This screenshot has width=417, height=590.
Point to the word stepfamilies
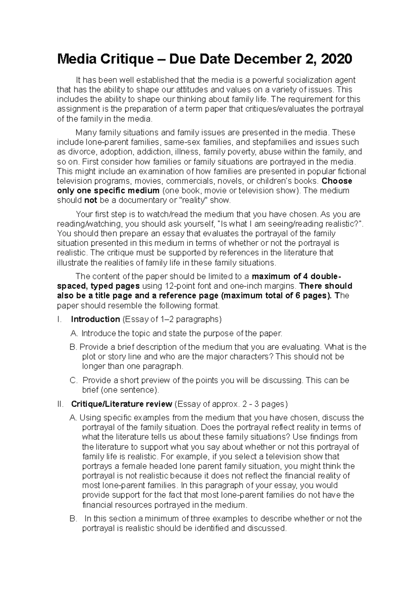[269, 142]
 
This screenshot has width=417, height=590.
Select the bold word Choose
[337, 181]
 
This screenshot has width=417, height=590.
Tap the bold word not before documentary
[91, 200]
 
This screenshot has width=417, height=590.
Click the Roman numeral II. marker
[60, 404]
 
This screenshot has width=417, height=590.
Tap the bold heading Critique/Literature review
[121, 404]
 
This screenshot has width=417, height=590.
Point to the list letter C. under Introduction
[74, 380]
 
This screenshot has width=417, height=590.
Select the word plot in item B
[89, 357]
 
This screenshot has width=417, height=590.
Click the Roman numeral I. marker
[58, 319]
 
